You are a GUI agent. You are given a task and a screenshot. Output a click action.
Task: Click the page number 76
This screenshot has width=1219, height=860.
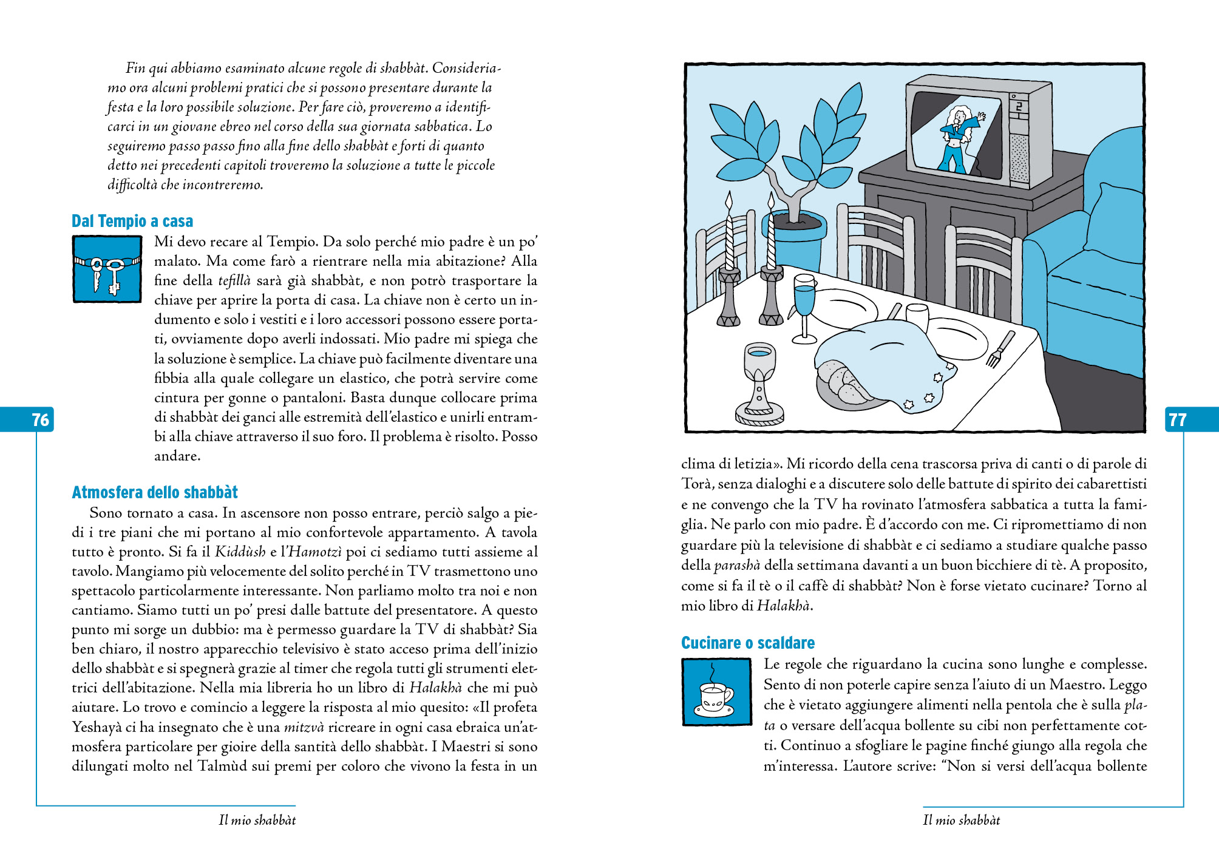[x=40, y=419]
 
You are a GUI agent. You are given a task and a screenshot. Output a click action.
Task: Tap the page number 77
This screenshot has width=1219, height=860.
[x=1177, y=419]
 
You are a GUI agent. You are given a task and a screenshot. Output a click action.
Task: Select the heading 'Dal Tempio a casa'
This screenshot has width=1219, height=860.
[x=132, y=221]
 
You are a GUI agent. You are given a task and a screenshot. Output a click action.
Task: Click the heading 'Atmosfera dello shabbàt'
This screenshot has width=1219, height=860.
[x=155, y=492]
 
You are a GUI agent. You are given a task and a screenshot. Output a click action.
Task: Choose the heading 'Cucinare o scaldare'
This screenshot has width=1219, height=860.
[x=748, y=643]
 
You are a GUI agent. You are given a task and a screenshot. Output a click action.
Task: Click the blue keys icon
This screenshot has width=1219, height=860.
[x=107, y=269]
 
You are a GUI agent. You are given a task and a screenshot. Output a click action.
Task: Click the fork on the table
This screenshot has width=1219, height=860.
[x=999, y=350]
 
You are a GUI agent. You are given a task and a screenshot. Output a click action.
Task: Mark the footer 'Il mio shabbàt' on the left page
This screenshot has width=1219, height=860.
[x=257, y=820]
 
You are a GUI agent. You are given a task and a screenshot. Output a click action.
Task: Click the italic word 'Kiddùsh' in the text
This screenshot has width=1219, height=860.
[x=240, y=552]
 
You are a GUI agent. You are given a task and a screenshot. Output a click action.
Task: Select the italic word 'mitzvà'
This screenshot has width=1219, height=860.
[x=304, y=727]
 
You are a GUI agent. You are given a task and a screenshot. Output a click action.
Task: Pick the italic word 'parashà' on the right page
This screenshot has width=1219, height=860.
[x=737, y=566]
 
